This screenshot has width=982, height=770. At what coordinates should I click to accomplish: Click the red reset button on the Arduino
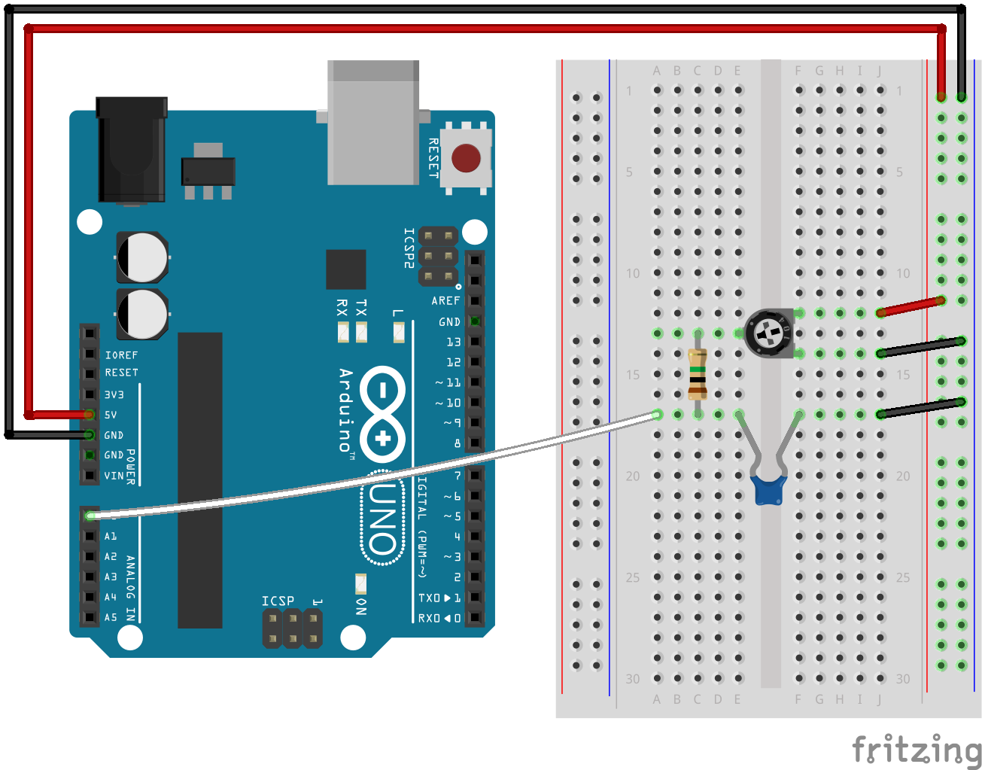click(x=466, y=158)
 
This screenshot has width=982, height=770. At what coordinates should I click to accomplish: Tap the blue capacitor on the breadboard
click(x=768, y=488)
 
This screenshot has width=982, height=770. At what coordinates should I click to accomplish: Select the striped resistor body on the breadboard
click(x=698, y=374)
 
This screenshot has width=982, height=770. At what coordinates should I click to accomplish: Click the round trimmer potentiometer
click(x=769, y=333)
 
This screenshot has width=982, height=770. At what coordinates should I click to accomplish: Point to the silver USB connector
click(x=373, y=123)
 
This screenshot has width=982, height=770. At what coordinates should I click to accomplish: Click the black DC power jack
click(x=132, y=151)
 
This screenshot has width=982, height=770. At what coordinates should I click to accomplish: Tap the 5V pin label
click(x=111, y=415)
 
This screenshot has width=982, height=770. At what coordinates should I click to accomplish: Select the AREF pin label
click(x=445, y=300)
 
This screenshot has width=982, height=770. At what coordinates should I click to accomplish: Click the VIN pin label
click(x=114, y=476)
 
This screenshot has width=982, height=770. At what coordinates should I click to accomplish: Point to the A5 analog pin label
click(x=111, y=617)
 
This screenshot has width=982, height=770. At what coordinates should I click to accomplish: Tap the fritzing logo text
click(x=917, y=750)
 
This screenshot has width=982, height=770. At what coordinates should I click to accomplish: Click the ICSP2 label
click(x=409, y=248)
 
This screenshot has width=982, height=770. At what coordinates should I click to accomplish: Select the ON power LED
click(x=361, y=584)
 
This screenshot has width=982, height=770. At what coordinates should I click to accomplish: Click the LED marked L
click(x=399, y=331)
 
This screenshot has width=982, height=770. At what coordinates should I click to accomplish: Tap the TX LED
click(x=361, y=331)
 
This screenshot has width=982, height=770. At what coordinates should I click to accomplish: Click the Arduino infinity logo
click(x=383, y=414)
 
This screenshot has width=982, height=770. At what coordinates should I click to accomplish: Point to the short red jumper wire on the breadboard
click(x=911, y=307)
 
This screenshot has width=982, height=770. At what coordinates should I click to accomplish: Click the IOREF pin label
click(x=121, y=355)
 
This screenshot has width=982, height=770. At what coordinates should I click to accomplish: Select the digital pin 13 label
click(x=453, y=342)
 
